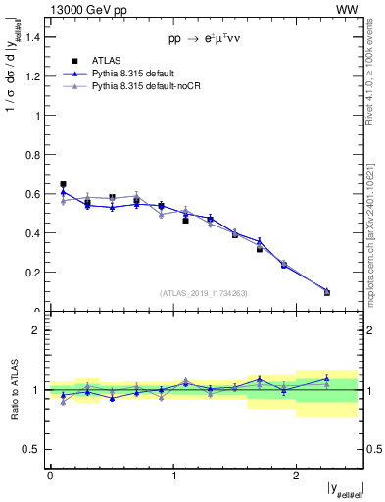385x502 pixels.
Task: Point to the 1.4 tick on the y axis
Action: click(x=33, y=36)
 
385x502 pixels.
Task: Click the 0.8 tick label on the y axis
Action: click(x=33, y=155)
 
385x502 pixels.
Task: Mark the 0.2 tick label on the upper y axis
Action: click(x=33, y=273)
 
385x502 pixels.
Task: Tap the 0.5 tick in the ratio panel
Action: click(x=33, y=449)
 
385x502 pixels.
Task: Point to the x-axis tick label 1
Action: click(x=172, y=475)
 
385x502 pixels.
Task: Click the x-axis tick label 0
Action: click(x=50, y=475)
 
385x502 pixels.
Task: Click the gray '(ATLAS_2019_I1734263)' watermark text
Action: click(x=203, y=292)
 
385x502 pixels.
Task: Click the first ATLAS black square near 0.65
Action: click(x=63, y=184)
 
